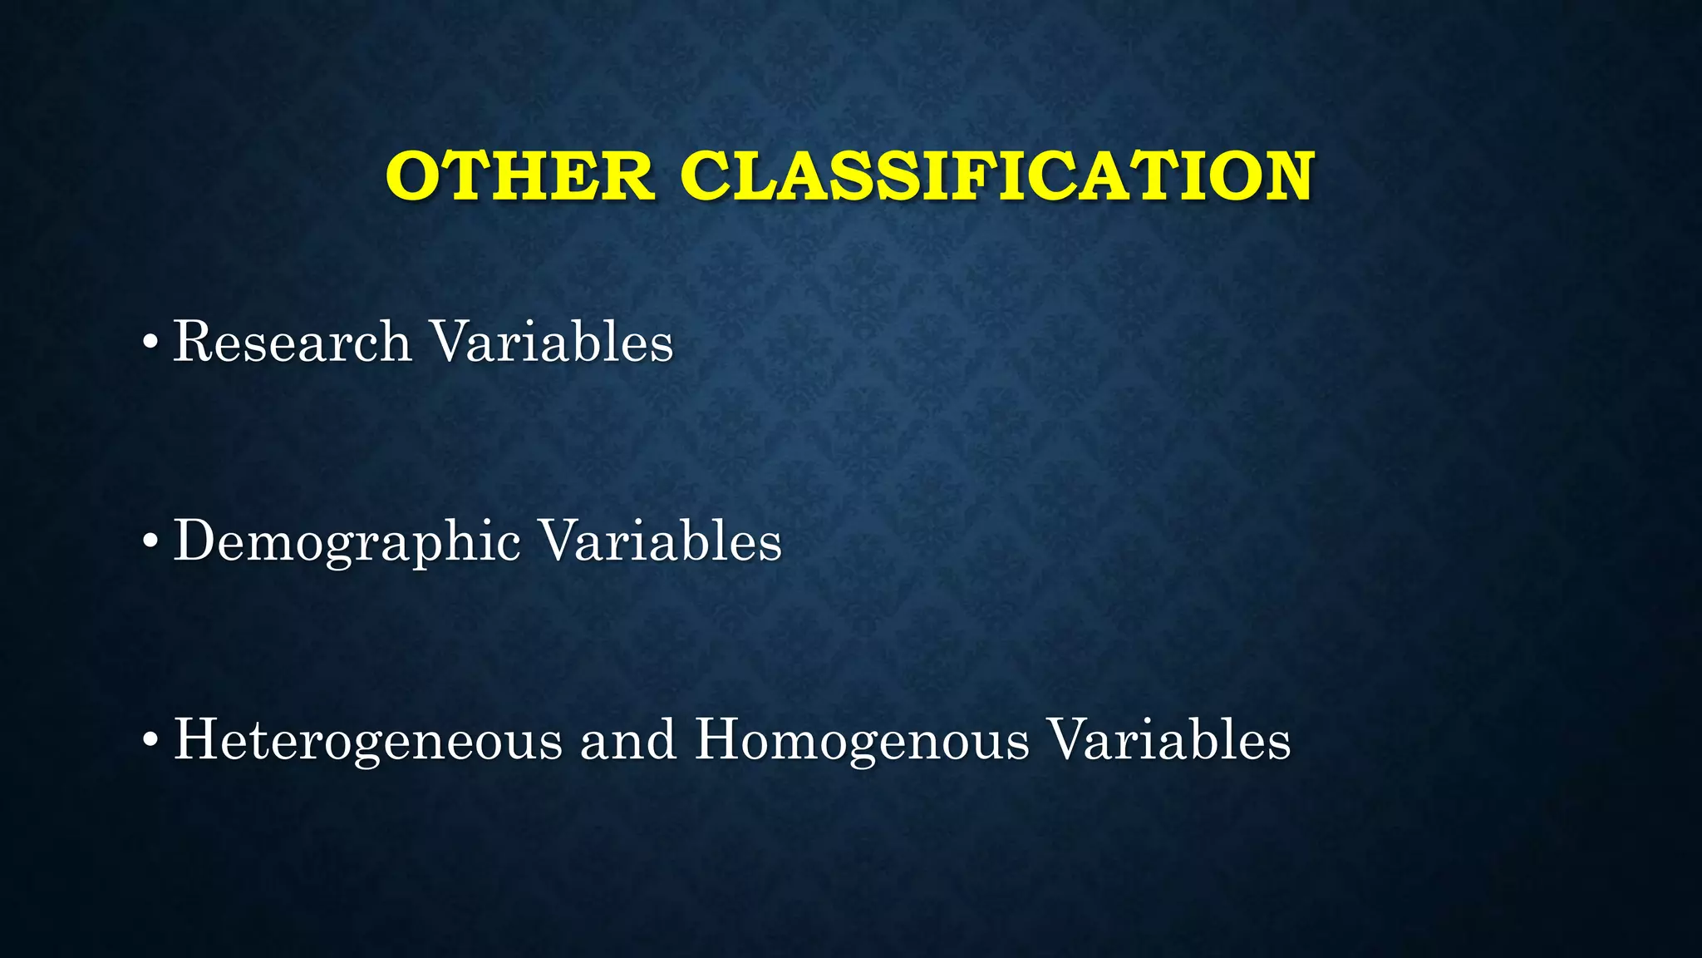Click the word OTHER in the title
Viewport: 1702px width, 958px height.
point(519,176)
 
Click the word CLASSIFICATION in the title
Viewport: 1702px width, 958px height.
point(996,176)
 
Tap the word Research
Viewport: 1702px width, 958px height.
point(292,342)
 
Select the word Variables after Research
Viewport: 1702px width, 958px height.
point(552,342)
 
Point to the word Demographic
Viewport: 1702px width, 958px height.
point(347,542)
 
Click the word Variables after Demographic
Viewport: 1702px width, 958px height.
point(661,541)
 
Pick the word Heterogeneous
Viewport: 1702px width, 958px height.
point(367,740)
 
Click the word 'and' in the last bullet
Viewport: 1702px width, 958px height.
point(628,740)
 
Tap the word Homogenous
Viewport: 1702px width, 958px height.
point(862,740)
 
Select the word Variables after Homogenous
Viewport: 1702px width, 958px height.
point(1169,740)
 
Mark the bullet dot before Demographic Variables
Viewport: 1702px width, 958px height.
point(150,542)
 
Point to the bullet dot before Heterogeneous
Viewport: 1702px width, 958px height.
point(150,740)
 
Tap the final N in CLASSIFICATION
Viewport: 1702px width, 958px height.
point(1284,176)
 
